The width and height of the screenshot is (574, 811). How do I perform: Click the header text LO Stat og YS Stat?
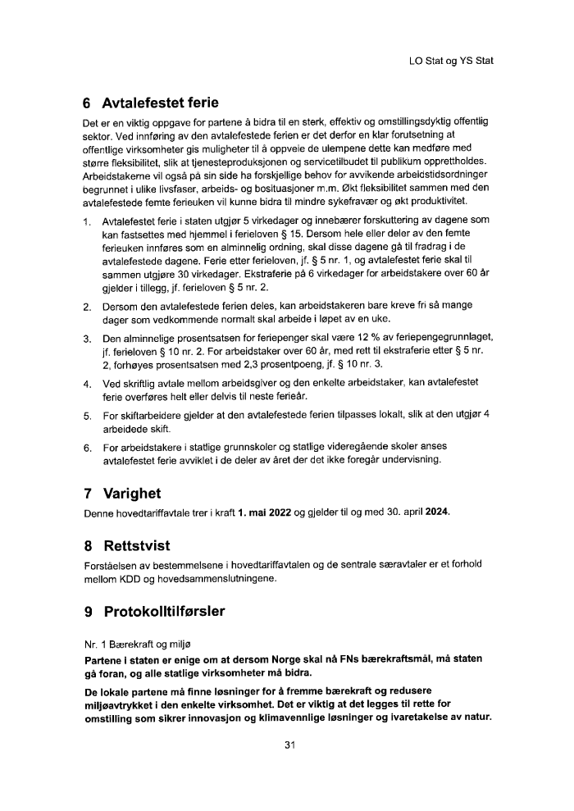(x=450, y=61)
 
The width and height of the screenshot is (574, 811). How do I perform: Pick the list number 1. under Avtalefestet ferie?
(x=88, y=222)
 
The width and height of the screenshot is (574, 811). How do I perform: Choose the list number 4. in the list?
(x=88, y=383)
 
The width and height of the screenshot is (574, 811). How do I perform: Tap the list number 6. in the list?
(x=88, y=448)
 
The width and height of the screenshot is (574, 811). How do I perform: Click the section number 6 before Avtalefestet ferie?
(x=88, y=104)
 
